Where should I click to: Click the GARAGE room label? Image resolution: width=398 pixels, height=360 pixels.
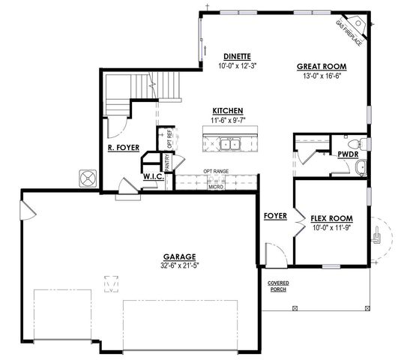tap(179, 256)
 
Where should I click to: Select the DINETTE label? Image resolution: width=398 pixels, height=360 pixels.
tap(236, 57)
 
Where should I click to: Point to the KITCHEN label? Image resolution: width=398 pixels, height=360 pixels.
tap(227, 109)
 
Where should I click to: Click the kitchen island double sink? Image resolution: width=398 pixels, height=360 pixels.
tap(227, 143)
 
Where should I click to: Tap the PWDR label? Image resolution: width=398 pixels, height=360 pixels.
tap(347, 154)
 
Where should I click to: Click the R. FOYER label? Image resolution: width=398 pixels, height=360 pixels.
tap(124, 148)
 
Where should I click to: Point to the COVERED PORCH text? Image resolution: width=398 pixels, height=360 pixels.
tap(278, 286)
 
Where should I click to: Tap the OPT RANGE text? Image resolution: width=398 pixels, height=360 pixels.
tap(216, 172)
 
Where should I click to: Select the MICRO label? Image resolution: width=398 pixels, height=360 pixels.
tap(216, 186)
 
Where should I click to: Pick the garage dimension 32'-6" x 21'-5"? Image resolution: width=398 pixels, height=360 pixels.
tap(179, 265)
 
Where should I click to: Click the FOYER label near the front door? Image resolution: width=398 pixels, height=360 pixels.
tap(276, 216)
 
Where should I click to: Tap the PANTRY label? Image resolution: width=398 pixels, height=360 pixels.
tap(167, 160)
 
